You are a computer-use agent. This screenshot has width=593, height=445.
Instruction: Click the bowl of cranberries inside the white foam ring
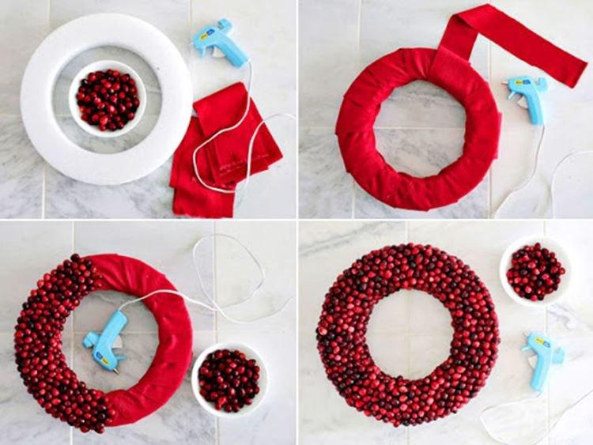(x=108, y=99)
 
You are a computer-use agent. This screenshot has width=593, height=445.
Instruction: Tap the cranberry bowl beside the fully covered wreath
(x=535, y=272)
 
